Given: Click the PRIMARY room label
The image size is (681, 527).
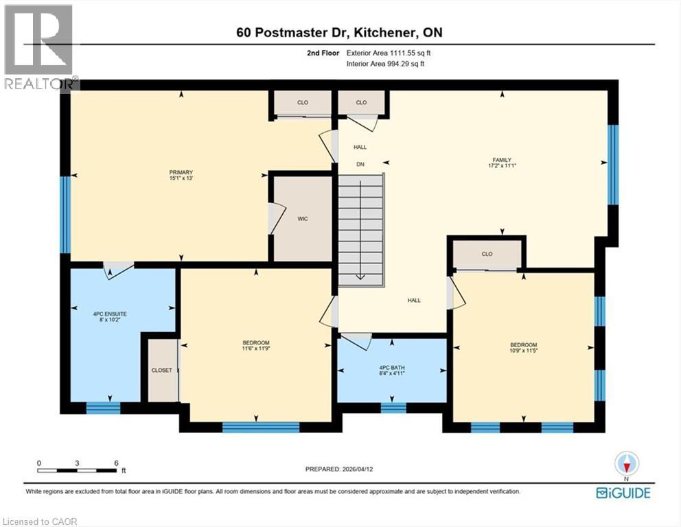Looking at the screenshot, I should (x=181, y=172).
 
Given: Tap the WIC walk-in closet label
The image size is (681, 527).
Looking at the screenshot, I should (x=302, y=219).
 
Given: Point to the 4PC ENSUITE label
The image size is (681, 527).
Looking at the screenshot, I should (x=110, y=314).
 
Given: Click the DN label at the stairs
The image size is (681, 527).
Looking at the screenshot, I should (x=360, y=164).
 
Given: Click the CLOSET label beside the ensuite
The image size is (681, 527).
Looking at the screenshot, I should (x=162, y=370).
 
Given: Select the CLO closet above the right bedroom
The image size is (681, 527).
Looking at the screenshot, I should (x=487, y=254).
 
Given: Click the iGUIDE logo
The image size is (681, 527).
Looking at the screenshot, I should (x=623, y=492).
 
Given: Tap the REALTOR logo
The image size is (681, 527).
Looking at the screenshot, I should (x=39, y=47).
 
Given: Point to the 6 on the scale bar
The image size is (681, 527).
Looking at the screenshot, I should (x=117, y=463).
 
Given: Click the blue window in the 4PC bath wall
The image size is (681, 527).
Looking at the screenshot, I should (x=393, y=408).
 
